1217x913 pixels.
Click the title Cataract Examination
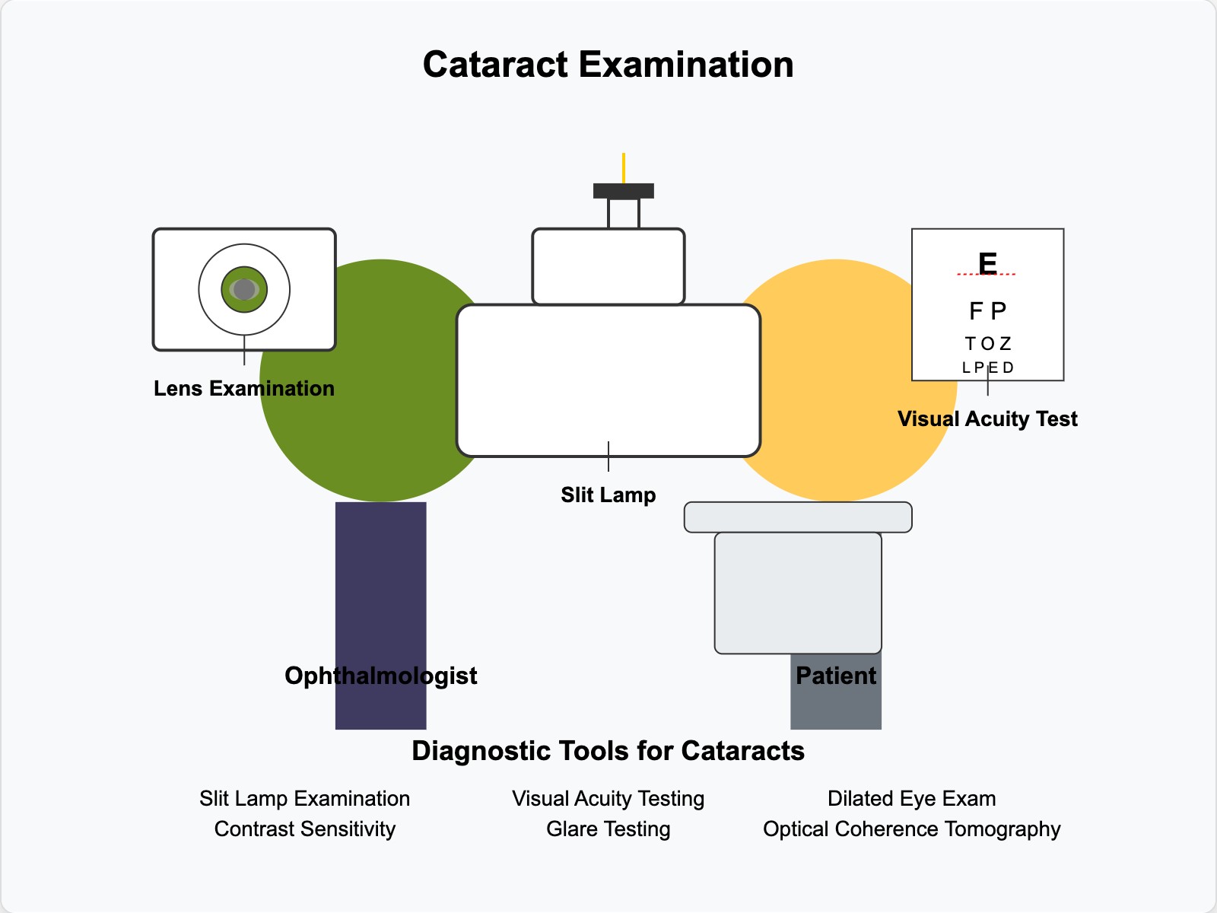(608, 65)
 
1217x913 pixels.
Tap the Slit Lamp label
(608, 495)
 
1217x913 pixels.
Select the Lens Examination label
(244, 389)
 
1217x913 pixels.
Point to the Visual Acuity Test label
(987, 419)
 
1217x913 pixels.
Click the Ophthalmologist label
(380, 676)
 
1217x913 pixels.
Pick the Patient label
(836, 676)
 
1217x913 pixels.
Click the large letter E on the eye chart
(987, 263)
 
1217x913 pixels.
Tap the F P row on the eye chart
(987, 311)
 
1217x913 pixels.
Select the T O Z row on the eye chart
(987, 344)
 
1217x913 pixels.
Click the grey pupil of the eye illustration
(244, 289)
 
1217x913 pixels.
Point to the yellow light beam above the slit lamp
(624, 167)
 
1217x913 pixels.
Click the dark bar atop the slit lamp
(624, 191)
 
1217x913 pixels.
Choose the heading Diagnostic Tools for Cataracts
(608, 751)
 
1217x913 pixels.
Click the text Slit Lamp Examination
(304, 799)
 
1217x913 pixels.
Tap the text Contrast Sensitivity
(304, 829)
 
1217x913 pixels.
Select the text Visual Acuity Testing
(608, 799)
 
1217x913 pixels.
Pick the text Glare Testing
(608, 829)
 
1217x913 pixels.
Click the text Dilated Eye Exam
(911, 799)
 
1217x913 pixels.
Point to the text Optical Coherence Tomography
(911, 829)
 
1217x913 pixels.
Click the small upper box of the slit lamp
(608, 266)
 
